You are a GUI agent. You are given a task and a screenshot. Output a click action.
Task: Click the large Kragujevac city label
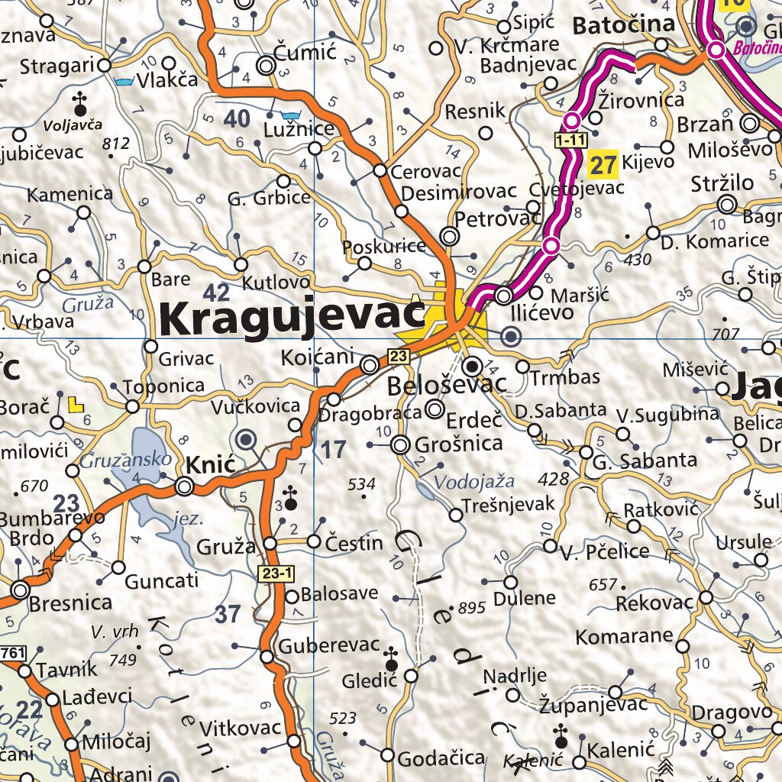[x=292, y=319]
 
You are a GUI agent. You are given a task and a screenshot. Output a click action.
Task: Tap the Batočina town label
[x=623, y=25]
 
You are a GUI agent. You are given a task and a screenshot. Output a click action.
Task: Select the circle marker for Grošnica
[x=400, y=444]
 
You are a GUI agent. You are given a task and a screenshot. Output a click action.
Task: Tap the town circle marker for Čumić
[x=267, y=66]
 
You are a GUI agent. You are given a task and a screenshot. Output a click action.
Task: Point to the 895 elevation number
[x=472, y=608]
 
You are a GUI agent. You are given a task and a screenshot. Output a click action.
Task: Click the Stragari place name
[x=57, y=66]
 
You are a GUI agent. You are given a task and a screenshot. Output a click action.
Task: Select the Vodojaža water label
[x=473, y=482]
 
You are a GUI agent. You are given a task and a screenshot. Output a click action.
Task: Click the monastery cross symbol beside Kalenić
[x=561, y=736]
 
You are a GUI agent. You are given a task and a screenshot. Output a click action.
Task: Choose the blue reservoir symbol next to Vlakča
[x=122, y=80]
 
